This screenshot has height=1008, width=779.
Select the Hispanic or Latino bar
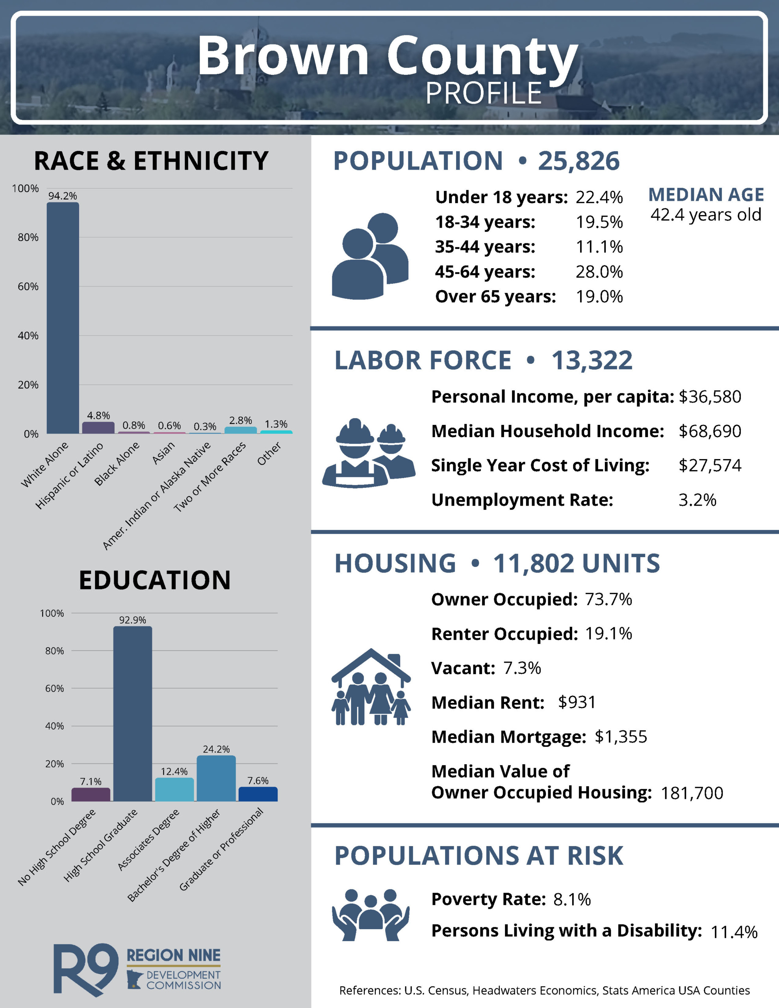[98, 428]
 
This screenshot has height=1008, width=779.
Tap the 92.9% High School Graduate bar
[133, 713]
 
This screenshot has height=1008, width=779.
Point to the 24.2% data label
[216, 749]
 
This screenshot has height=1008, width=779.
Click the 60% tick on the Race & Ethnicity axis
[28, 287]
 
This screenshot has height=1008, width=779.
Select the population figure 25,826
[579, 161]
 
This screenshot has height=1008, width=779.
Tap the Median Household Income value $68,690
[710, 431]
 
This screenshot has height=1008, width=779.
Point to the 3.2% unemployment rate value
[697, 500]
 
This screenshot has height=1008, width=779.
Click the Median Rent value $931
[577, 702]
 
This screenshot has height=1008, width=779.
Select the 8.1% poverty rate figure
[572, 899]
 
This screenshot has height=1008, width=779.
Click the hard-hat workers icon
[369, 453]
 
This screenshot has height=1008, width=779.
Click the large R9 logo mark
[86, 969]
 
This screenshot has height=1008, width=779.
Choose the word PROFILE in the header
[484, 93]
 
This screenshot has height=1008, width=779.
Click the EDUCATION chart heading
[155, 580]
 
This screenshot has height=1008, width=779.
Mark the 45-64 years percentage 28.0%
[599, 272]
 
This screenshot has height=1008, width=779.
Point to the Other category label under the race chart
[269, 454]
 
